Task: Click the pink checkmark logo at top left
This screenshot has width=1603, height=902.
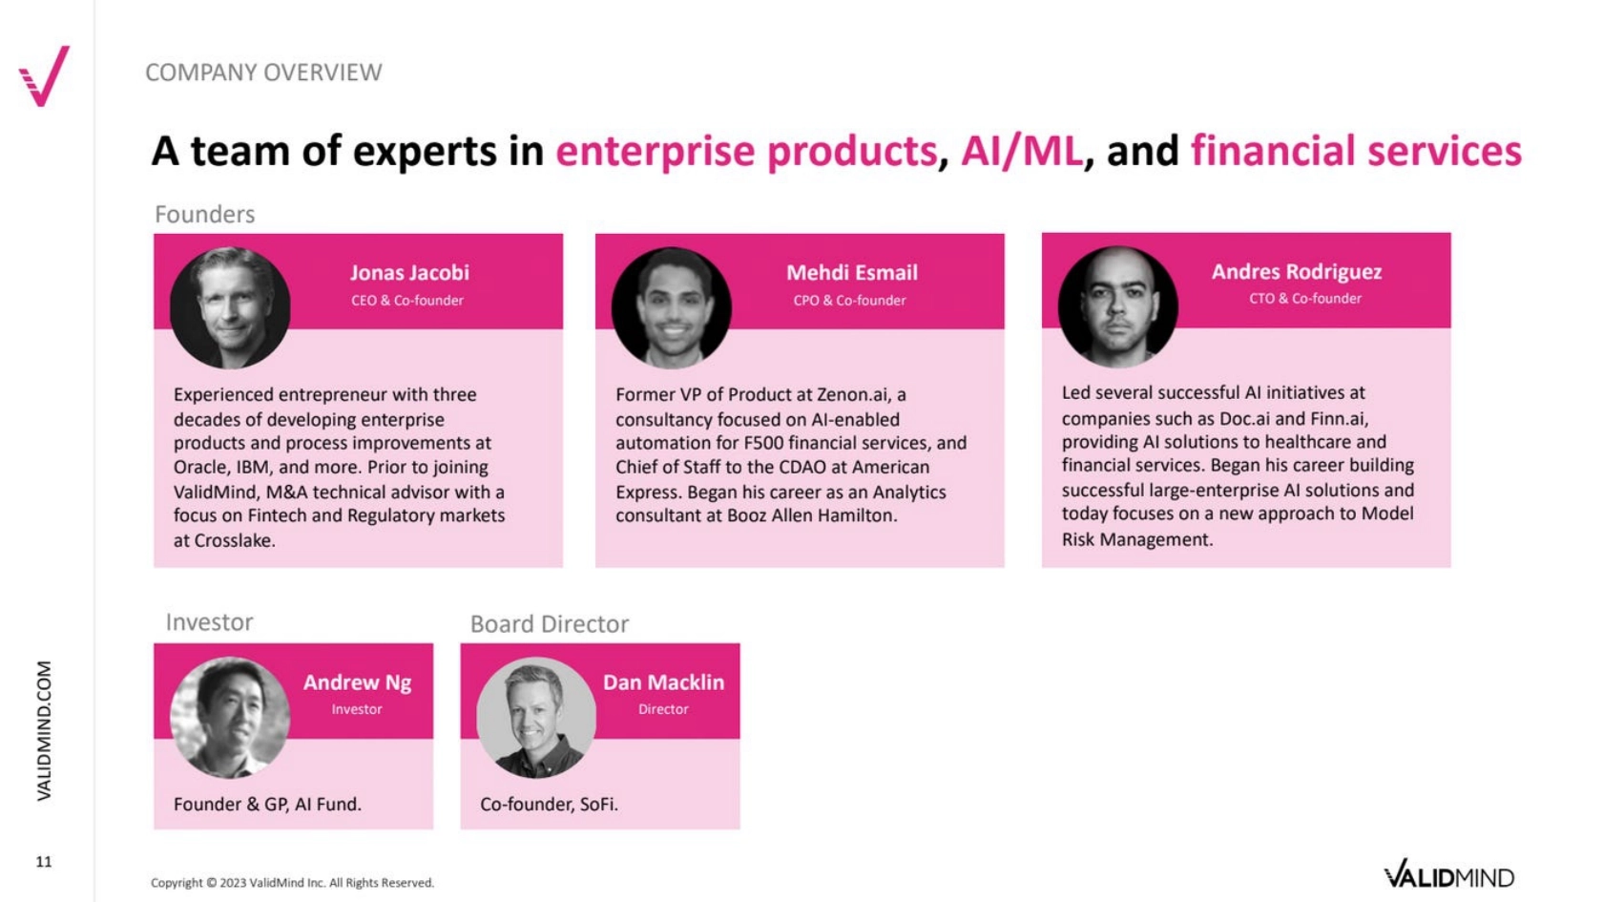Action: point(44,76)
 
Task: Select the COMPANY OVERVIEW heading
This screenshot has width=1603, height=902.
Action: point(263,73)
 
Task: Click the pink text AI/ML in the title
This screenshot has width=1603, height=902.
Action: point(1021,151)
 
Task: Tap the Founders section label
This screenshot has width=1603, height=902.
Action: point(204,214)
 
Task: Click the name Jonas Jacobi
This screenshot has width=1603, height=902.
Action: point(409,272)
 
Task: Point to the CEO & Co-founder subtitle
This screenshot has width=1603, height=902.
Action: point(407,301)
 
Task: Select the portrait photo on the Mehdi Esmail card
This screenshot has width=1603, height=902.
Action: point(672,307)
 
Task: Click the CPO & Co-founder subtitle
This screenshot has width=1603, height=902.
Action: point(849,301)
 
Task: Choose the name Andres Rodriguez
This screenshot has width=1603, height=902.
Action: point(1296,271)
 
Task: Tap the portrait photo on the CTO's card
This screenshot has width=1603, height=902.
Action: point(1118,307)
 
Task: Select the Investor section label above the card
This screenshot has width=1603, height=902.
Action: point(209,622)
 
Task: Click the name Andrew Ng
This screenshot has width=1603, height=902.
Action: point(357,682)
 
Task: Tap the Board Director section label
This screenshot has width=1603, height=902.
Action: point(549,624)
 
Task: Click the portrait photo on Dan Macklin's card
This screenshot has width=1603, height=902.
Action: point(536,718)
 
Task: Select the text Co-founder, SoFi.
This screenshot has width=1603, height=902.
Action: point(549,805)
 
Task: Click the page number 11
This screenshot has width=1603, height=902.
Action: point(44,862)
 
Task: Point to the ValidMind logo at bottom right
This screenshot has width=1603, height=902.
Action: point(1449,874)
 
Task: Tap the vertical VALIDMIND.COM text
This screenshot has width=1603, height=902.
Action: point(44,730)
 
